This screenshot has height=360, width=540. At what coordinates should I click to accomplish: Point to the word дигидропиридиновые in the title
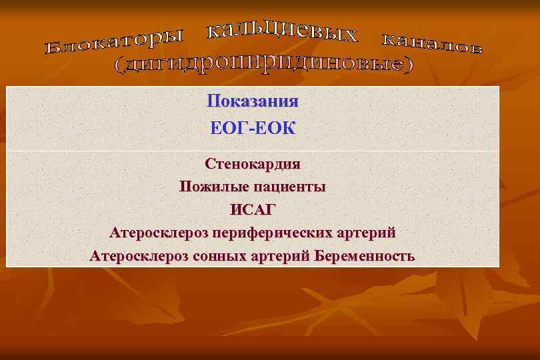click(263, 63)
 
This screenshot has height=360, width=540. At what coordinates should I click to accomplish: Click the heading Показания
click(253, 101)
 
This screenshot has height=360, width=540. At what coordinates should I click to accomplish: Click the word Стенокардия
click(253, 163)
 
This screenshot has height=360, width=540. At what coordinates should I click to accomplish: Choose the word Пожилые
click(212, 187)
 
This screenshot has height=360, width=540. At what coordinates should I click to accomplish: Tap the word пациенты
click(289, 187)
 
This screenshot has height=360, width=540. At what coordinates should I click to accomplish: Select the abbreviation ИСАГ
click(253, 210)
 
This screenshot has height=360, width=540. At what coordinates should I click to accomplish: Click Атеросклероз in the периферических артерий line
click(159, 233)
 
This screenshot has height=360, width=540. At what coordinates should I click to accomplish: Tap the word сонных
click(235, 256)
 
